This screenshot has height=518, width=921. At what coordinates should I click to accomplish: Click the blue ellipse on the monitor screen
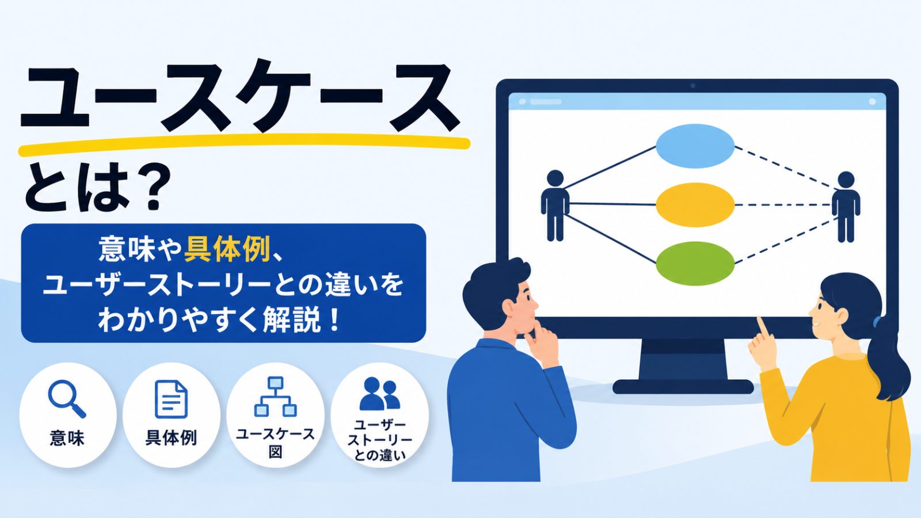point(695,146)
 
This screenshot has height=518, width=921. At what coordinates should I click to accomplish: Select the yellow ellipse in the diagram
point(695,205)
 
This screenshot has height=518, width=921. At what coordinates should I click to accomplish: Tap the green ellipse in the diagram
point(695,264)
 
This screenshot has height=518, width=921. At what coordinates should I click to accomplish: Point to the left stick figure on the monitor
point(555,205)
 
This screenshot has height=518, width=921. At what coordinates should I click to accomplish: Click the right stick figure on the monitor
point(846,207)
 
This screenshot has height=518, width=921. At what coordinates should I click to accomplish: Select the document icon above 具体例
point(171,399)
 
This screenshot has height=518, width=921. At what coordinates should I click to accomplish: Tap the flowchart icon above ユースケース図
point(275,397)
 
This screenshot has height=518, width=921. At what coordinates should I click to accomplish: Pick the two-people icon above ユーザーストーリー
point(379,394)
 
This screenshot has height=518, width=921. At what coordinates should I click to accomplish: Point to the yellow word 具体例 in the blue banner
point(227,250)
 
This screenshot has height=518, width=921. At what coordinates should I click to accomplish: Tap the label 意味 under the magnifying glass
point(67,438)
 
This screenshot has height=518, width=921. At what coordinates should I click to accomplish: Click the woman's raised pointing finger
point(763,327)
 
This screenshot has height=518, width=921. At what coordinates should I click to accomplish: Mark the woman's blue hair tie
point(876,321)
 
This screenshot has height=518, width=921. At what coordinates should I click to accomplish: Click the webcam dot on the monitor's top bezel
point(693,86)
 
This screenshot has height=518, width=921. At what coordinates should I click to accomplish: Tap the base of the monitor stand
point(683,387)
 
